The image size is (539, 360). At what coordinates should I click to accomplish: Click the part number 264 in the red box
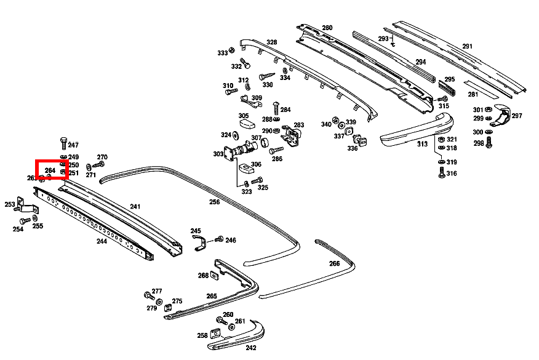[50, 170]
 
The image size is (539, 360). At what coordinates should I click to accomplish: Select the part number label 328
[271, 42]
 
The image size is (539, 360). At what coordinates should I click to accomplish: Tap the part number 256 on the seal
[214, 202]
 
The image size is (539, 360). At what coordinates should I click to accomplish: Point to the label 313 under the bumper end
[421, 144]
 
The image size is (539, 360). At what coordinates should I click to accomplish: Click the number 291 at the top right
[467, 46]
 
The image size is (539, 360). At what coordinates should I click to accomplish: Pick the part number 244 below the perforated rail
[102, 241]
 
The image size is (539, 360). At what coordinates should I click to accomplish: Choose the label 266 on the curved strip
[334, 263]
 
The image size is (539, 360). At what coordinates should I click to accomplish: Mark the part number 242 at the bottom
[250, 347]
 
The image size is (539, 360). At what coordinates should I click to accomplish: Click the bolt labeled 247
[63, 142]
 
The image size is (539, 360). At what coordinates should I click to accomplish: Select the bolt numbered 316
[441, 174]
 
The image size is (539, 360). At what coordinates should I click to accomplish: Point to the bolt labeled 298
[490, 143]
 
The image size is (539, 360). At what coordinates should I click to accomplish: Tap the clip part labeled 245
[198, 242]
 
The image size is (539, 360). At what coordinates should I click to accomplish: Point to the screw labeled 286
[275, 150]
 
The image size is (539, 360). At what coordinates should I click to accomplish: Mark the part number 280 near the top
[327, 28]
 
